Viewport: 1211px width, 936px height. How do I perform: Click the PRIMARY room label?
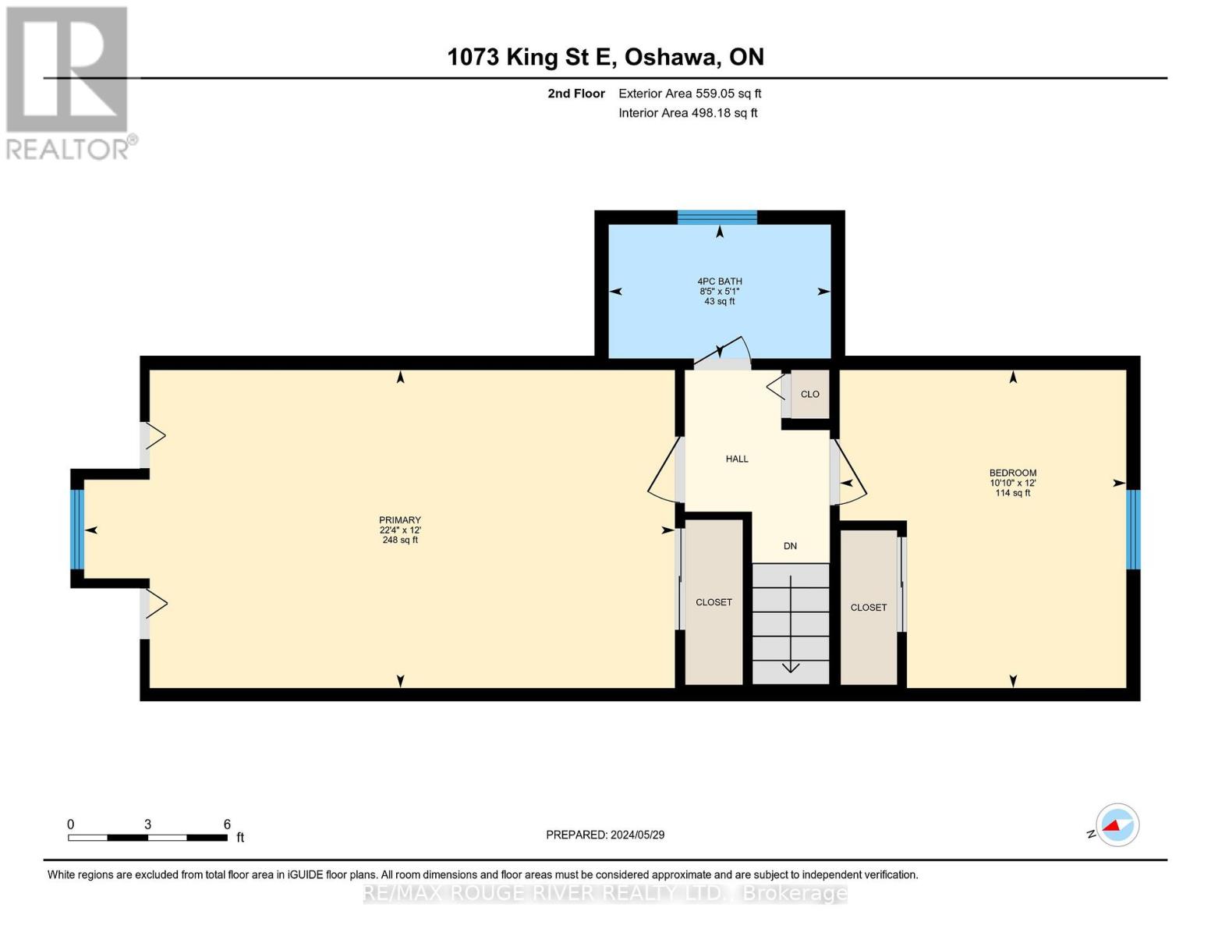pos(400,520)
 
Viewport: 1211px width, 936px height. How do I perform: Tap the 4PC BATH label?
pos(719,282)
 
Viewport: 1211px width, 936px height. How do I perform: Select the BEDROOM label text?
pos(1012,473)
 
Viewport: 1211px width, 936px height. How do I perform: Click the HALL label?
pos(737,459)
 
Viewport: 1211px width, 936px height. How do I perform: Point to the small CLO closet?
pos(809,394)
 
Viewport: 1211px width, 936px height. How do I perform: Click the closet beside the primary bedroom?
pos(713,602)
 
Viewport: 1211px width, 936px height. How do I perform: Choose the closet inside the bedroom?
pos(869,607)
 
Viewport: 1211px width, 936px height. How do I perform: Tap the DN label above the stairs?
pos(790,546)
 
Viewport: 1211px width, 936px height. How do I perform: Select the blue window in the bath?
pos(717,218)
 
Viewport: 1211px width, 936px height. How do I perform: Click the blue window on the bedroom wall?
pos(1133,530)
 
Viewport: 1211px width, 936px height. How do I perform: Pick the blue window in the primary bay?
pos(77,530)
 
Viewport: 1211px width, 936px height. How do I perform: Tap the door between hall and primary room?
pos(664,471)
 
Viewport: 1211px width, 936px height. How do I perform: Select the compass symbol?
pos(1117,825)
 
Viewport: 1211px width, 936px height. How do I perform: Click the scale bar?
pos(147,838)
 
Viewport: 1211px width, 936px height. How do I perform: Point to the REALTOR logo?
pos(69,82)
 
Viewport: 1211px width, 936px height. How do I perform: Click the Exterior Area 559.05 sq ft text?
pos(689,94)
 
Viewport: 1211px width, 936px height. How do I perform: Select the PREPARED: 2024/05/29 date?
pos(605,835)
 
